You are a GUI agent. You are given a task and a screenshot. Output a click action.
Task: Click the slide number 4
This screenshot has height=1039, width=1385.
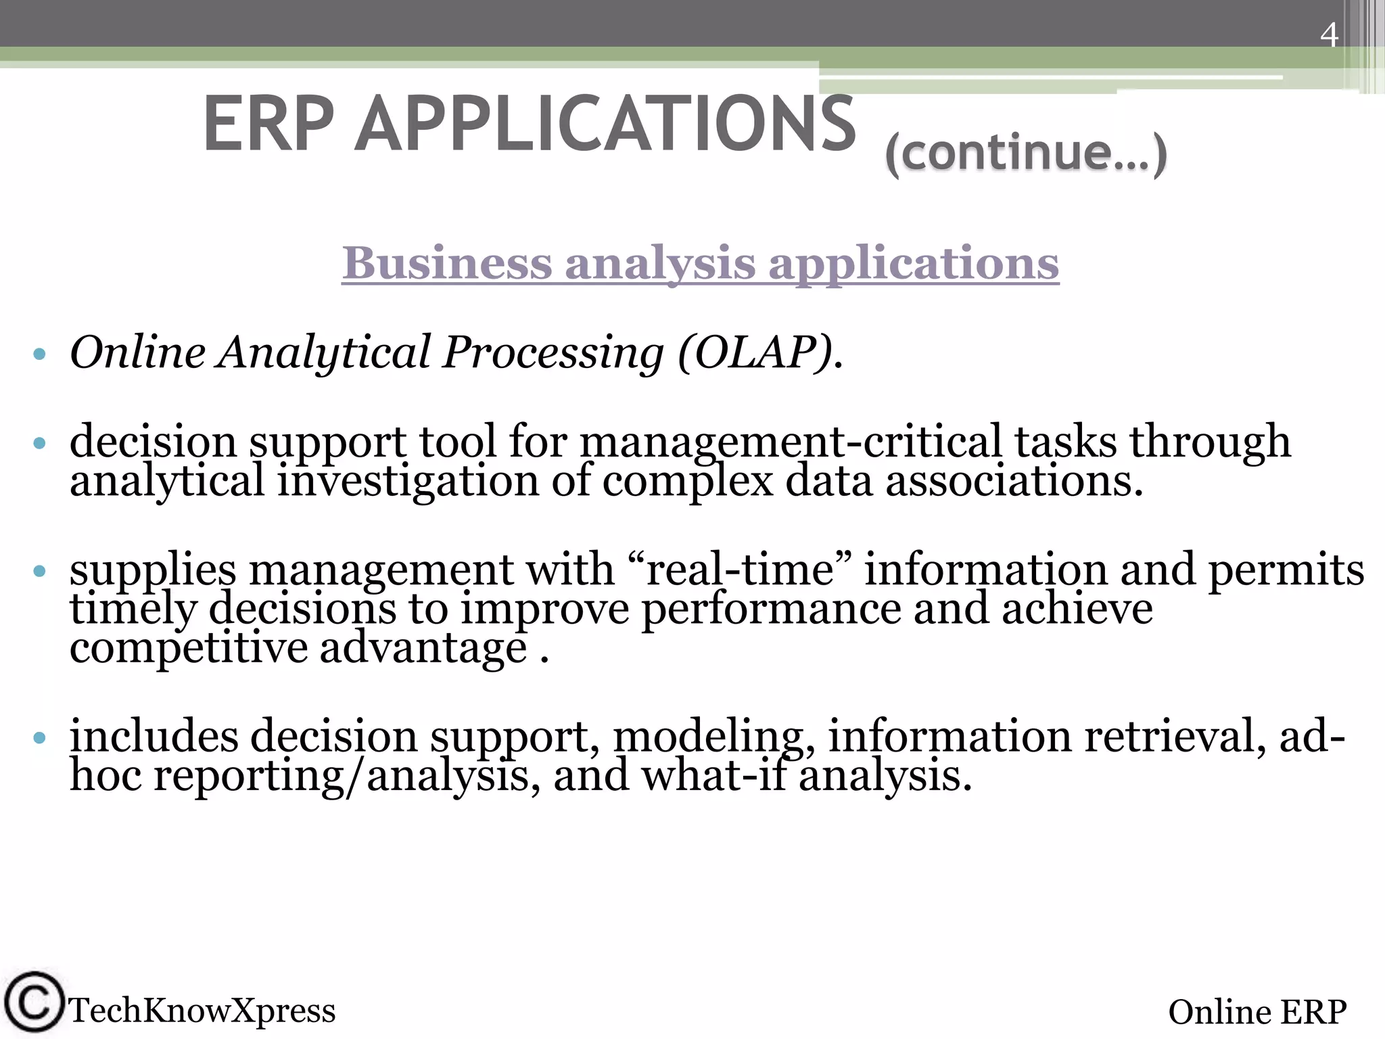[x=1329, y=35]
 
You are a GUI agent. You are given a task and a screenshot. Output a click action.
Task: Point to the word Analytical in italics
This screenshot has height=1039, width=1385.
[x=323, y=353]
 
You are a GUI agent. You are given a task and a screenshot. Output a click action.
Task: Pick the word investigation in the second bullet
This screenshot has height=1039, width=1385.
[x=408, y=482]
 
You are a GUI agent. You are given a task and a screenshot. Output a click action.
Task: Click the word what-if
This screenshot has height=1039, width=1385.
[x=713, y=776]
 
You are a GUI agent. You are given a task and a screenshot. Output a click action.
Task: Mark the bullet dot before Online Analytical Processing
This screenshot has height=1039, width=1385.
[x=39, y=354]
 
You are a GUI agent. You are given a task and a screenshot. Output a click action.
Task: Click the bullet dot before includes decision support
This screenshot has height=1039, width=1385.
[x=39, y=737]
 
